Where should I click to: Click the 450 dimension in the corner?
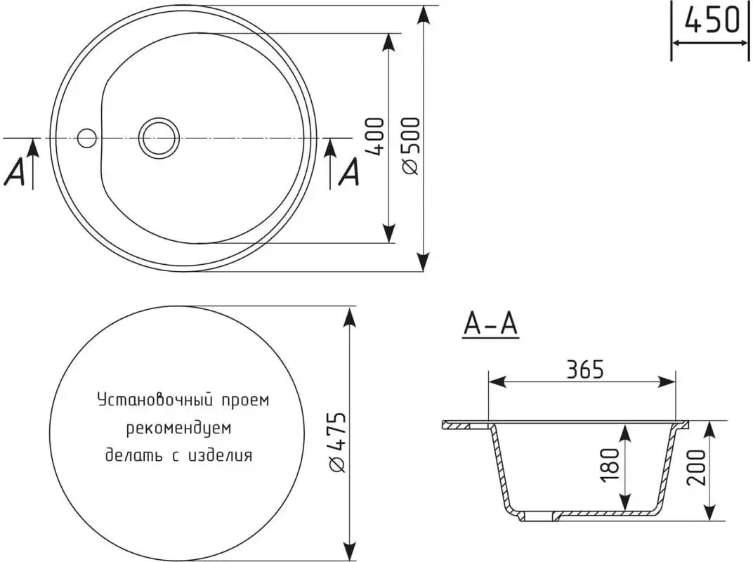(712, 20)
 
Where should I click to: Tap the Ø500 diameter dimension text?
(412, 145)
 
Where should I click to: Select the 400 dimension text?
(375, 136)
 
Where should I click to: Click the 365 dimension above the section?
(584, 370)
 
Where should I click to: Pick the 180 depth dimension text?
(610, 465)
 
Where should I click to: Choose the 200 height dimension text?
(696, 467)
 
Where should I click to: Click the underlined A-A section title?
(490, 325)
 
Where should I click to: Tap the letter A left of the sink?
(15, 172)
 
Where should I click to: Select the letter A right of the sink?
(349, 172)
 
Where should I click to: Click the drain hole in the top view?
(159, 138)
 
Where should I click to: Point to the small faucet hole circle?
(87, 138)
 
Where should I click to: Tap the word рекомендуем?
(178, 428)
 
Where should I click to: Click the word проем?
(245, 400)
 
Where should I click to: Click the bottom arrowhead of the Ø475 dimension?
(351, 550)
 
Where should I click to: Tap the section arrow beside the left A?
(32, 164)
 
